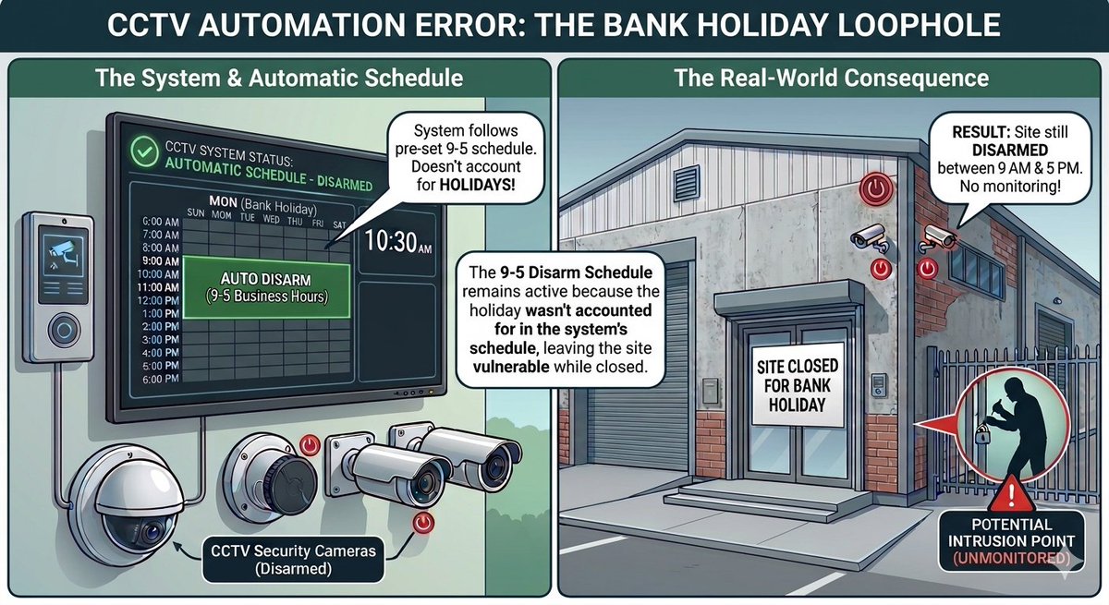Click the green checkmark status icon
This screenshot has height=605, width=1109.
pyautogui.click(x=144, y=151)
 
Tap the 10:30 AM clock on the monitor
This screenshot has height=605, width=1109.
pyautogui.click(x=398, y=241)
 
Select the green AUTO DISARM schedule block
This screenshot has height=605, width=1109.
pyautogui.click(x=266, y=287)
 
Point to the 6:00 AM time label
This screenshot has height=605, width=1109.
pyautogui.click(x=161, y=222)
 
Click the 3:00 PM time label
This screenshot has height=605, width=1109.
pyautogui.click(x=161, y=340)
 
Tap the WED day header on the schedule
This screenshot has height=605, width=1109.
pyautogui.click(x=271, y=219)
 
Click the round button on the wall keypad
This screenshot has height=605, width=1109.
pyautogui.click(x=64, y=329)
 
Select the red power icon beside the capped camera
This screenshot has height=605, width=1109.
pyautogui.click(x=310, y=444)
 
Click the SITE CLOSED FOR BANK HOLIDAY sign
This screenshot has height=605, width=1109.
pyautogui.click(x=797, y=385)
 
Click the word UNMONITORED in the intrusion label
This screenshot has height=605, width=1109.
pyautogui.click(x=1011, y=558)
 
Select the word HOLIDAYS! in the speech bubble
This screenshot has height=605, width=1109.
pyautogui.click(x=477, y=185)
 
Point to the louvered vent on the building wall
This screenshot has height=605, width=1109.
pyautogui.click(x=686, y=183)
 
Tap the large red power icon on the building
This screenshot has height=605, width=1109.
pyautogui.click(x=876, y=188)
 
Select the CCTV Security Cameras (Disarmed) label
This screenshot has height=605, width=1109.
pyautogui.click(x=293, y=560)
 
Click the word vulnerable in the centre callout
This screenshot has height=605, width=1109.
pyautogui.click(x=511, y=367)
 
